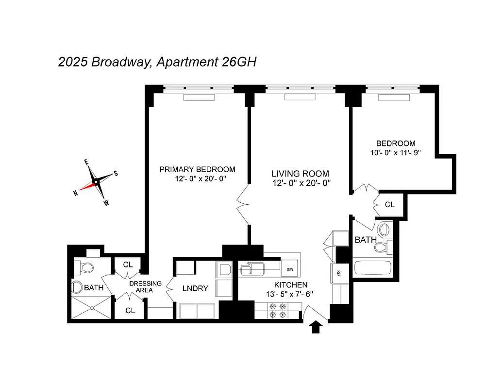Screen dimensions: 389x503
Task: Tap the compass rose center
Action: tap(96, 182)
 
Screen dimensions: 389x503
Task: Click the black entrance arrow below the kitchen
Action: tap(316, 328)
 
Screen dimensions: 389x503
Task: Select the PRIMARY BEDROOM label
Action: tap(197, 169)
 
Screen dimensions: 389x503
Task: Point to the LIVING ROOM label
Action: tap(300, 174)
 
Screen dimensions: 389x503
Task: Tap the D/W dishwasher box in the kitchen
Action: tap(290, 269)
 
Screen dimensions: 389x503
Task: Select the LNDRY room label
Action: tap(195, 288)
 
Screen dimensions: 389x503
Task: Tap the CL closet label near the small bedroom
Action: tap(389, 205)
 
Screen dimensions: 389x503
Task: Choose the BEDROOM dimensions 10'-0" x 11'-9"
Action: tap(396, 152)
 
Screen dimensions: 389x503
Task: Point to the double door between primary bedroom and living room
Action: tap(243, 204)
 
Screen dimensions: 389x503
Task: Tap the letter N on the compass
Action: tap(76, 194)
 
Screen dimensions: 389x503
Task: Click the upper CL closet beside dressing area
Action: tap(128, 265)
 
